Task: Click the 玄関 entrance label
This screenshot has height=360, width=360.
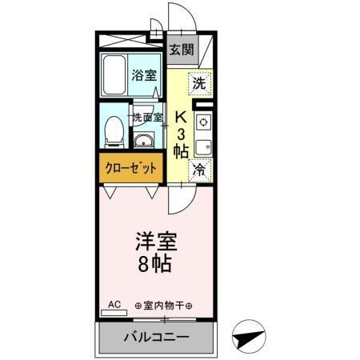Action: (x=182, y=50)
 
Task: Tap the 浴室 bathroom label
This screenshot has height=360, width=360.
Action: (x=144, y=78)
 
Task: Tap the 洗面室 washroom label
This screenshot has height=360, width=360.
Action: (x=147, y=117)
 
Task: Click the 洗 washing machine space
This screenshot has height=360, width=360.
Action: (x=199, y=82)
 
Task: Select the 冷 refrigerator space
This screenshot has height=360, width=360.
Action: (x=199, y=170)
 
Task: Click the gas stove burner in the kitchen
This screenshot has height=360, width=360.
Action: (x=203, y=122)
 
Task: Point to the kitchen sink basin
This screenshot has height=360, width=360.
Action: (x=203, y=147)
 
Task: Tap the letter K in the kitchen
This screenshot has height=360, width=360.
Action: (x=181, y=114)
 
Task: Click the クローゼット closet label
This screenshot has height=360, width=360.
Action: (x=129, y=169)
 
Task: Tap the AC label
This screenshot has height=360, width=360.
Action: (x=114, y=304)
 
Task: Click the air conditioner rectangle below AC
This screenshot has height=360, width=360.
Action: (x=114, y=314)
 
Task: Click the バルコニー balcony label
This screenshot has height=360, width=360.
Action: (x=156, y=337)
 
